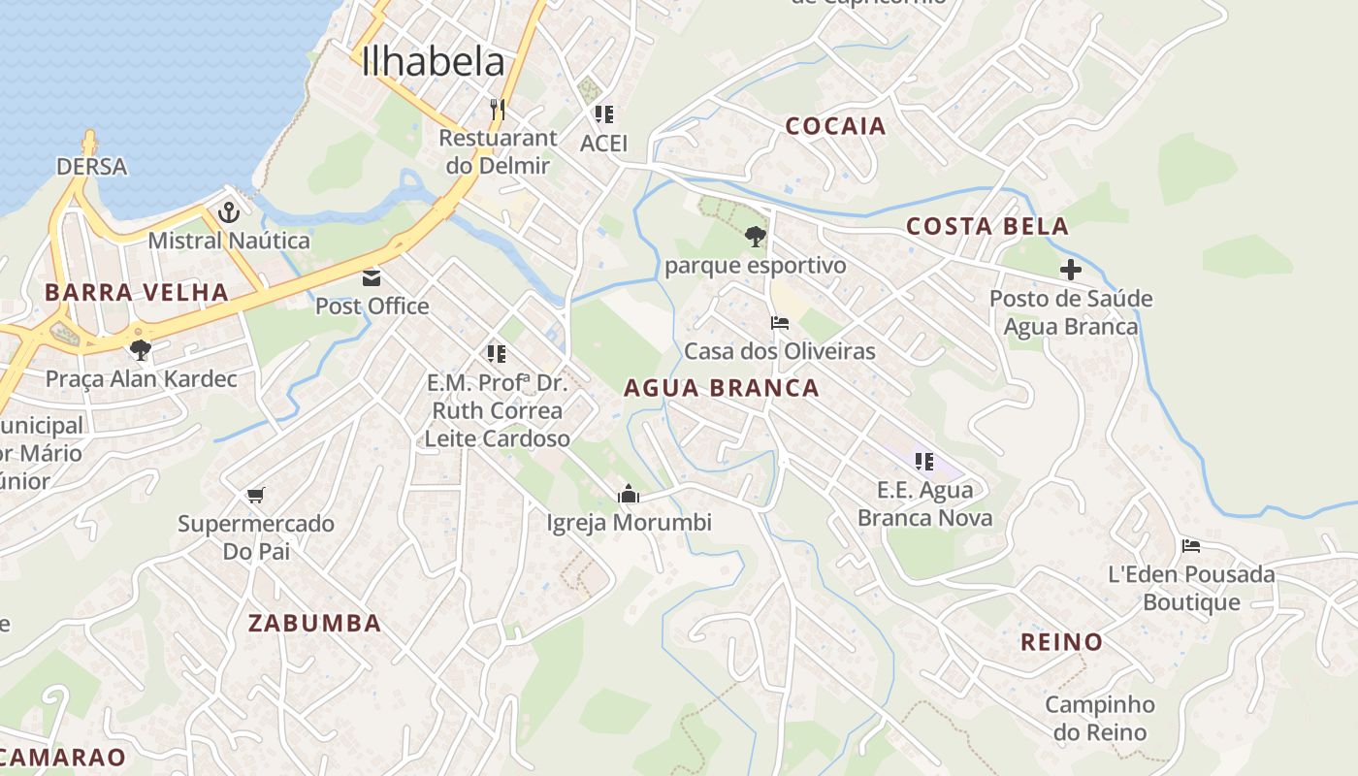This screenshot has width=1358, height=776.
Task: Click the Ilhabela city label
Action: point(433,62)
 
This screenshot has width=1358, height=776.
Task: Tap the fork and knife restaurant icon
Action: point(498,109)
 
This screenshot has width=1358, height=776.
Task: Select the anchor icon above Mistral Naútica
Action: point(229,212)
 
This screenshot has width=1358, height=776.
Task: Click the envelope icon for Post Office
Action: point(372,279)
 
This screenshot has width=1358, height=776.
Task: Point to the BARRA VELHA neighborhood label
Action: point(137,292)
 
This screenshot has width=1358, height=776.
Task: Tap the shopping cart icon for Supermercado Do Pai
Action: point(256,496)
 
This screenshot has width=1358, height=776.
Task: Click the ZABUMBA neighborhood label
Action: point(314,623)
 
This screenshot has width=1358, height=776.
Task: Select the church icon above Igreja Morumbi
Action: point(629,495)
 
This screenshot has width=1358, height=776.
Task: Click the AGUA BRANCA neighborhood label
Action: point(722,388)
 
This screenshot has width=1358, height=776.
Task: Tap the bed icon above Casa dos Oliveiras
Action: point(780,323)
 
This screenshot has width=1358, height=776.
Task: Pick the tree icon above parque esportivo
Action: point(755,236)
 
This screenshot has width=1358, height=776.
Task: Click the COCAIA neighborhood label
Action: point(835,125)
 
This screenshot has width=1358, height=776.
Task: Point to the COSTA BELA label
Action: point(987,226)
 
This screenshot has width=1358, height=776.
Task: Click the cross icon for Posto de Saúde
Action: point(1070,270)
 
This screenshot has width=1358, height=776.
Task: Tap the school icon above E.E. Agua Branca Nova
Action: point(924,462)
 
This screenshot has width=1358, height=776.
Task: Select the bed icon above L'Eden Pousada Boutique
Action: point(1191,546)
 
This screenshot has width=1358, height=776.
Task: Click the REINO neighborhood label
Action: point(1061,641)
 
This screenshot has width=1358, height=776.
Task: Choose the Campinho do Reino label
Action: point(1100,718)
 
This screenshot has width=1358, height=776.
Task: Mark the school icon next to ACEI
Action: point(604,114)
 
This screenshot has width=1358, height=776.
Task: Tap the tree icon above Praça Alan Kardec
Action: point(141,349)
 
